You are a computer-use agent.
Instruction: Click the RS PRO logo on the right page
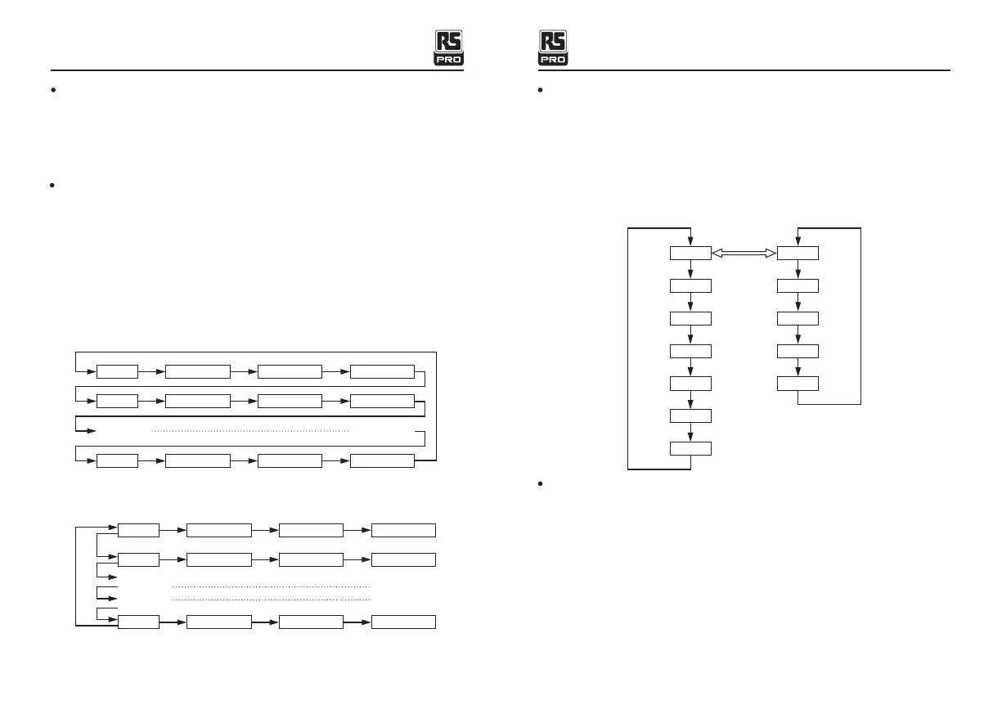(x=553, y=48)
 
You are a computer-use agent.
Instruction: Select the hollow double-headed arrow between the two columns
(x=744, y=254)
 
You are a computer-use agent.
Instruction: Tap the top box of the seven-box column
(x=690, y=254)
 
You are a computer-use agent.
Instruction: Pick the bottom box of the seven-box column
(x=690, y=448)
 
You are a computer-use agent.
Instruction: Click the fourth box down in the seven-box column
(x=690, y=351)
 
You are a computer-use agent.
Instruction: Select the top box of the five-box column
(x=798, y=254)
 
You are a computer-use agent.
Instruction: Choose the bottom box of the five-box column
(x=798, y=383)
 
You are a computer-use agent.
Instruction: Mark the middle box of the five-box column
(x=798, y=318)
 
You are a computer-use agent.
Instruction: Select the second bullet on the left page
(x=51, y=186)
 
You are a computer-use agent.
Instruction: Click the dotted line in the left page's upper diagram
(x=250, y=430)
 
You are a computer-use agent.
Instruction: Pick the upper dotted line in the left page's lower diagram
(x=272, y=586)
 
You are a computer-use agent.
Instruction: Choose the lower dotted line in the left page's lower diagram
(x=272, y=599)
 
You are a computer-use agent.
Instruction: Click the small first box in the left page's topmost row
(x=117, y=372)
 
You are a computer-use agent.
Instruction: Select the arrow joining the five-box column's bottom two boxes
(x=798, y=367)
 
